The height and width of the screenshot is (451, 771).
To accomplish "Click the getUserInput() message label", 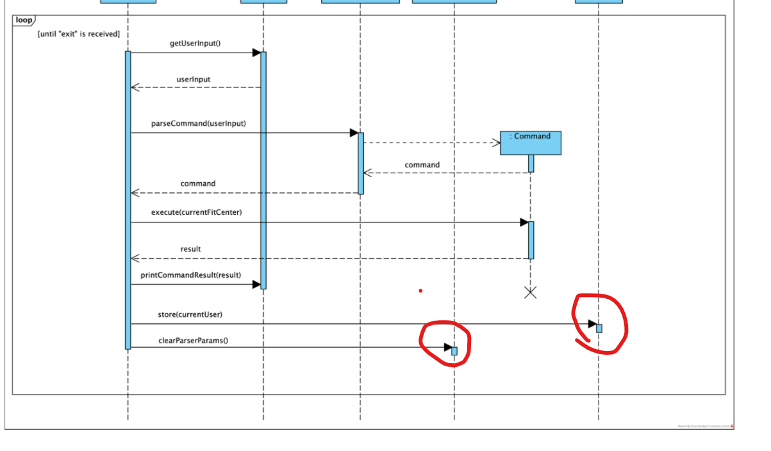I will point(195,44).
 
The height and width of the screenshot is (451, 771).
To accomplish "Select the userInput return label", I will point(193,80).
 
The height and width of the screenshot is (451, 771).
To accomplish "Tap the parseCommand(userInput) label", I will point(199,123).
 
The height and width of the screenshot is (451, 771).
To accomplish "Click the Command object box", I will point(530,143).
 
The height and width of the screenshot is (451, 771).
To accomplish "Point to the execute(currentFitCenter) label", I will point(196,212).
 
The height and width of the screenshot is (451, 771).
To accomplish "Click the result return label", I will point(190,249).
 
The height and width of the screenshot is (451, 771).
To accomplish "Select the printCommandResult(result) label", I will point(191,275).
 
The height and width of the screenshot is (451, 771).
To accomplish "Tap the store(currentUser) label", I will point(190,315).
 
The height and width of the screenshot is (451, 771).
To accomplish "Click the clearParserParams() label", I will point(193,341).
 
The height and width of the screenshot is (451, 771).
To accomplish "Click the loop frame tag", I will point(24,21).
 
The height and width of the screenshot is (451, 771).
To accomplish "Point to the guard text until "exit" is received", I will point(79,33).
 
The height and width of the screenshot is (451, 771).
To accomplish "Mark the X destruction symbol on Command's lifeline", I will point(530,293).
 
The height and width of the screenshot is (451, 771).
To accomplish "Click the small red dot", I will point(420,291).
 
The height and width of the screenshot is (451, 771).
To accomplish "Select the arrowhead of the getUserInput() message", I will point(256,53).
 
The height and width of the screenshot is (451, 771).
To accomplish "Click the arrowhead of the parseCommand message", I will point(354,133).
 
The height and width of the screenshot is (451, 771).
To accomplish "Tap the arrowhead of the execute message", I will point(524,223).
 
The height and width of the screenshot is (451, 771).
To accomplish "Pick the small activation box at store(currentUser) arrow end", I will point(599,328).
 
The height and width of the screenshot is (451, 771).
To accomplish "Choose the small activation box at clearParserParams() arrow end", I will point(454,351).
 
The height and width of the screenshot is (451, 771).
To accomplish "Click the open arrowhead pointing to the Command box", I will point(496,143).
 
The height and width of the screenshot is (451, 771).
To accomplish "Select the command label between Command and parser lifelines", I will point(422,165).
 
